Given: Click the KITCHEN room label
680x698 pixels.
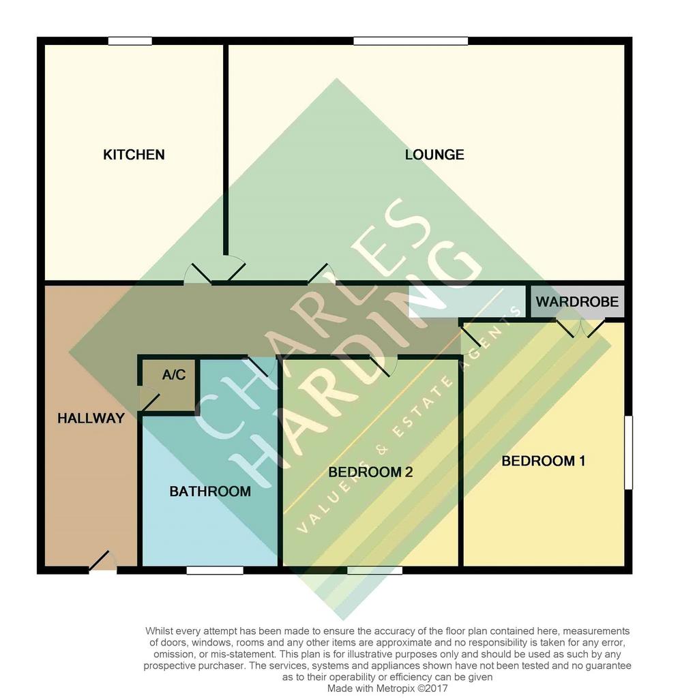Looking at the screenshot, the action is pos(134,155).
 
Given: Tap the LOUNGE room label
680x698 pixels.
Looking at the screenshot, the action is pos(434,155).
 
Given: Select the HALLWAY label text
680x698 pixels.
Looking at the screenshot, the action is pos(91,418).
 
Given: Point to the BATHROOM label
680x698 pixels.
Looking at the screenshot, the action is pos(210,491).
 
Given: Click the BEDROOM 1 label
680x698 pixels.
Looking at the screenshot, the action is pos(544,461).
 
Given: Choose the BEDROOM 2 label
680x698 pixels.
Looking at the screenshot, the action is pos(370,472).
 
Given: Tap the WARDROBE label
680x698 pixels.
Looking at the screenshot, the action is pos(577,301).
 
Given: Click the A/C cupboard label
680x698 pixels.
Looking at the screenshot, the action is pos(174,374).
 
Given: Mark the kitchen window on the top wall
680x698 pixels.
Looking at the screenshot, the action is pos(130,41).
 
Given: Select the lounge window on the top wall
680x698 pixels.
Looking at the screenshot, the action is pos(411,41).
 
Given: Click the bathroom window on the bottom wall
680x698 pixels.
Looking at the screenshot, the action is pos(215,571).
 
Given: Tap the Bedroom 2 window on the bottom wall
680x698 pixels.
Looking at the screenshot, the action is pos(374,571).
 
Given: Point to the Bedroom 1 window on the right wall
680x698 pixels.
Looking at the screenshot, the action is pos(628,453).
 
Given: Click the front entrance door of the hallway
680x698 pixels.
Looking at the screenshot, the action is pos(103,562).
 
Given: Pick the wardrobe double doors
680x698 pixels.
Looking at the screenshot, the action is pos(580,328).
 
